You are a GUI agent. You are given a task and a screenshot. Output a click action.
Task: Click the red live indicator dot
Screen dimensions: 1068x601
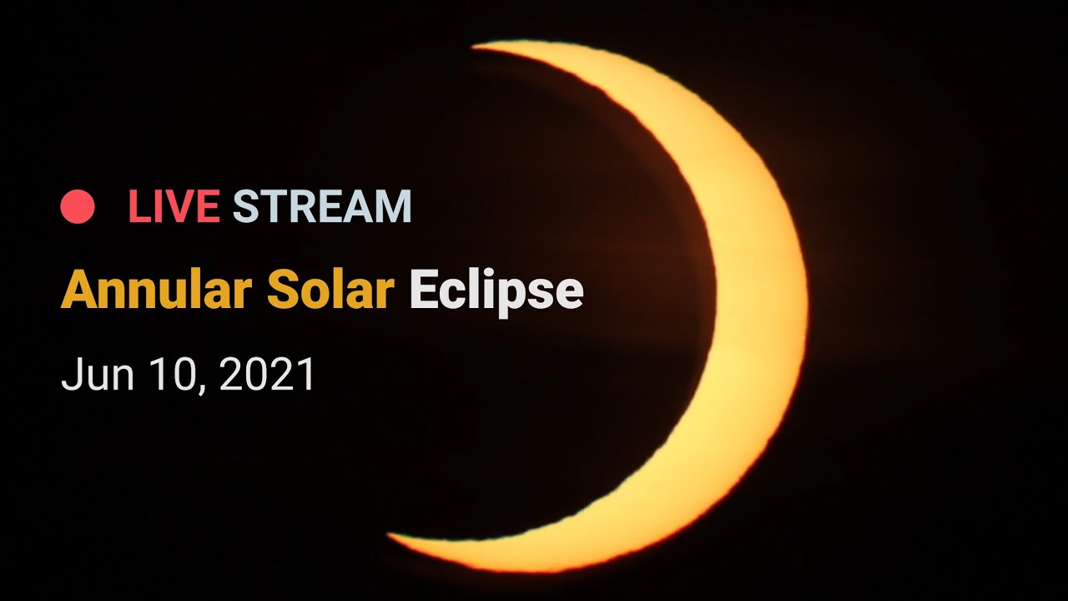coord(78,206)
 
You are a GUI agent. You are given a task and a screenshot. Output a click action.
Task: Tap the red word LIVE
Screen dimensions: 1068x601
coord(174,206)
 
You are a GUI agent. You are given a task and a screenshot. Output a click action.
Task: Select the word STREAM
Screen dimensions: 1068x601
coord(322,206)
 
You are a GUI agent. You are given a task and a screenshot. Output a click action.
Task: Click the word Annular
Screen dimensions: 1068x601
coord(156,290)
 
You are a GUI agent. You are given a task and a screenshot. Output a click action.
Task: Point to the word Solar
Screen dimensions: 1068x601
coord(330,290)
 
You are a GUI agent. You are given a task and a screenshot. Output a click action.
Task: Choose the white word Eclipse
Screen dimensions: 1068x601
coord(496,293)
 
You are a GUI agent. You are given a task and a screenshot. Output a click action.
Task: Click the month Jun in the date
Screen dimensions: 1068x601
coord(98,374)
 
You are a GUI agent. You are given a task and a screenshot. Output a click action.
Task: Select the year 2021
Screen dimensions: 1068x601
coord(267,374)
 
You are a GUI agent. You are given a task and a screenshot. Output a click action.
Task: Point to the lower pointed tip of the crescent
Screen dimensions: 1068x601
coord(389,535)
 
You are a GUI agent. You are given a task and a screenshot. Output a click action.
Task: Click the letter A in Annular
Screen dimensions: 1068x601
coord(81,289)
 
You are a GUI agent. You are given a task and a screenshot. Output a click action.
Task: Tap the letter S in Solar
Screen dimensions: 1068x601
coord(283,289)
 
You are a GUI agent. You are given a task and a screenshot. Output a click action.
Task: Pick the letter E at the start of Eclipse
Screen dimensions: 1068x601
coord(424,289)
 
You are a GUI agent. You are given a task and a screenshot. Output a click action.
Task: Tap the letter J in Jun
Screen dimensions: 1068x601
coord(71,375)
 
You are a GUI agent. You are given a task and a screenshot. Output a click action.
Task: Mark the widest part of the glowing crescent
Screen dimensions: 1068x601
coord(760,306)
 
